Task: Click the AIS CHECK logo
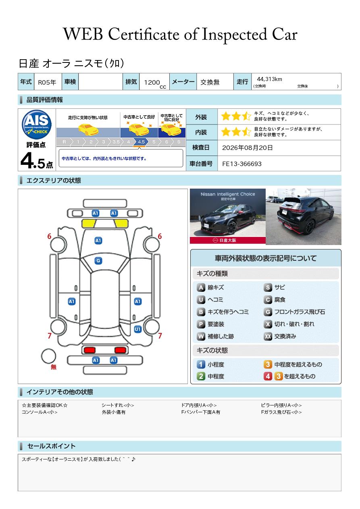(x=37, y=125)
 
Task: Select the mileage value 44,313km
(x=269, y=79)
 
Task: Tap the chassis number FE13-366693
(x=241, y=164)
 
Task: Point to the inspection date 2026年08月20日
(x=247, y=148)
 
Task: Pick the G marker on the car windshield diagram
(x=98, y=261)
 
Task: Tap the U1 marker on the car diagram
(x=137, y=329)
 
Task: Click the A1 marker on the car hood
(x=98, y=241)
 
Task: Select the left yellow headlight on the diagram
(x=89, y=224)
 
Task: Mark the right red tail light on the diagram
(x=121, y=350)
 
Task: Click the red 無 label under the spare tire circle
(x=53, y=367)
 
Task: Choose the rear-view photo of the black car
(x=304, y=217)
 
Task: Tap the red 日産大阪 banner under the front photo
(x=227, y=241)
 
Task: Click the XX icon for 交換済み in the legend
(x=268, y=336)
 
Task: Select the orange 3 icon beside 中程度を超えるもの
(x=268, y=364)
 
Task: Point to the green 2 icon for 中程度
(x=201, y=376)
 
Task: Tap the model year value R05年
(x=47, y=82)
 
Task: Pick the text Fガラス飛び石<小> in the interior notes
(x=281, y=412)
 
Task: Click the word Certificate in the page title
(x=144, y=35)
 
